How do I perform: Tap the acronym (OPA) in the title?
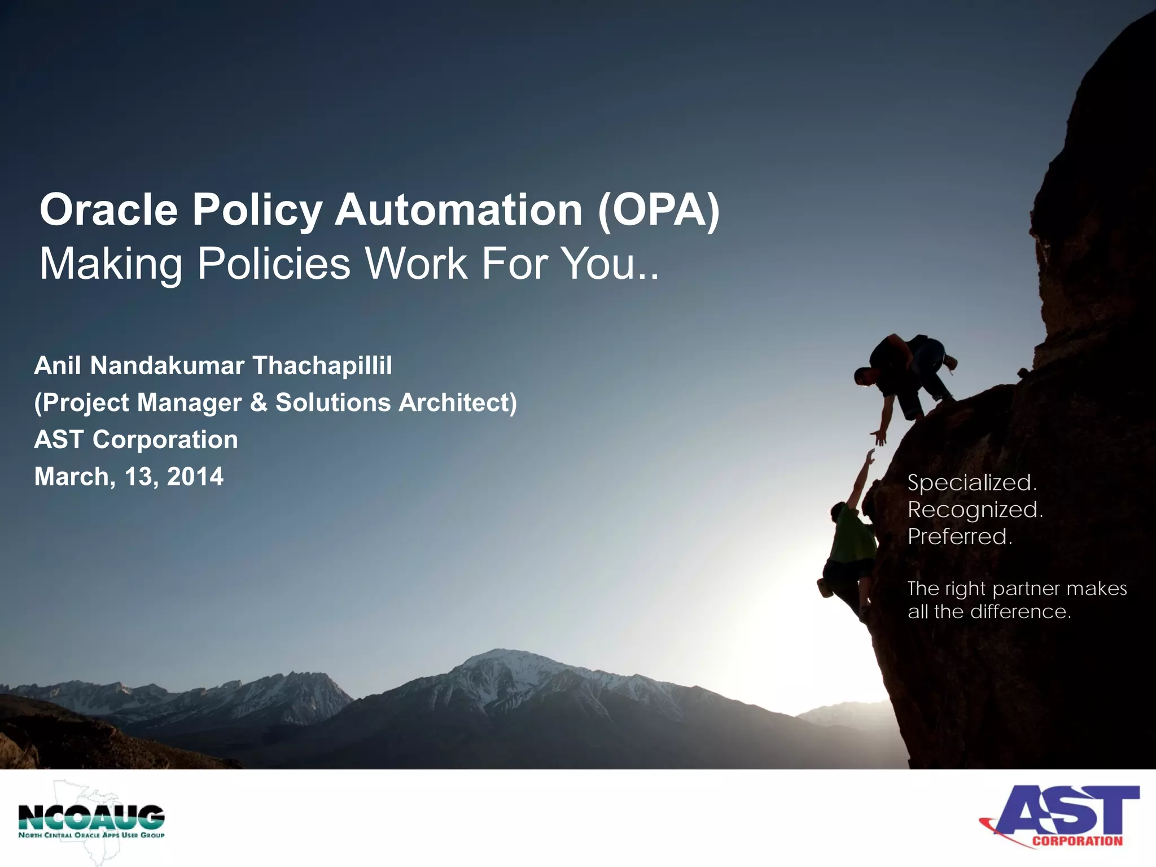point(658,210)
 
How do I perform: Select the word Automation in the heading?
point(458,210)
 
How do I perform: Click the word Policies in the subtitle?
point(274,264)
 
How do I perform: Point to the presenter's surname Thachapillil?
point(322,366)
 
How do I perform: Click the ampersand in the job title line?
point(259,402)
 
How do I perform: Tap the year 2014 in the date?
point(195,476)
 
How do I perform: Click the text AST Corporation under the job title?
point(136,440)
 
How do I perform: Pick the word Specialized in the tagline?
point(971,483)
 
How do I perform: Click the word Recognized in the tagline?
point(974,510)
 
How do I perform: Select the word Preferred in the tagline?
point(960,536)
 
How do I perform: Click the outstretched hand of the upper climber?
point(879,436)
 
